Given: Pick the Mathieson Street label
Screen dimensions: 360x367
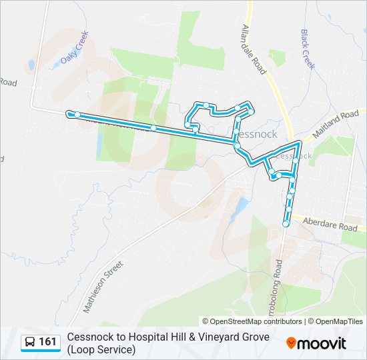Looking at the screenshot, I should pyautogui.click(x=103, y=287).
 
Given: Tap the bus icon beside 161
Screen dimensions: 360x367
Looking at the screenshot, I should pyautogui.click(x=30, y=342).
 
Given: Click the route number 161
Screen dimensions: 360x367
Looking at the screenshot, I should pyautogui.click(x=48, y=342).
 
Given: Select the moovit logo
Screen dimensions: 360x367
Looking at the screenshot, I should pyautogui.click(x=316, y=343).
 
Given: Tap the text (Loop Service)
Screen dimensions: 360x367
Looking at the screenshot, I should pyautogui.click(x=101, y=349).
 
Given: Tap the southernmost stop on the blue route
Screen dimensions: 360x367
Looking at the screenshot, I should pyautogui.click(x=286, y=224).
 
